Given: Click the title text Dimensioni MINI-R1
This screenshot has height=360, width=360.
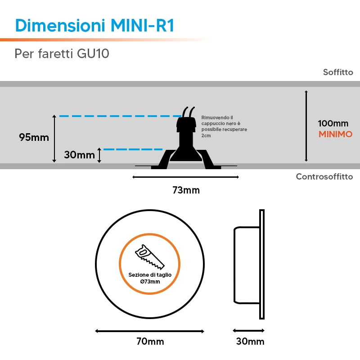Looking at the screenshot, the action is (x=94, y=25).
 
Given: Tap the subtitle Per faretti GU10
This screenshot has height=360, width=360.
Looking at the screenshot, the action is (x=62, y=54).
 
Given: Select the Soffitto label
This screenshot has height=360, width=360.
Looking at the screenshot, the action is (x=338, y=72).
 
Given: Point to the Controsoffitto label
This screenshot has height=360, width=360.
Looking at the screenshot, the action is (x=324, y=176).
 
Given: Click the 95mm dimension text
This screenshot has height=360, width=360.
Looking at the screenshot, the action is (x=34, y=137).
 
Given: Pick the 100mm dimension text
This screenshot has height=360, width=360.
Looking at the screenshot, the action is (x=333, y=123).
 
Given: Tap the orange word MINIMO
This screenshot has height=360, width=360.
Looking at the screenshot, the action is (x=335, y=134).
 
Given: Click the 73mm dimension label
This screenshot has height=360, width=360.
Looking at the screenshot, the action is (x=186, y=190).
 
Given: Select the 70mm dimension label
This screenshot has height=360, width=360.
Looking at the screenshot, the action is (x=150, y=342).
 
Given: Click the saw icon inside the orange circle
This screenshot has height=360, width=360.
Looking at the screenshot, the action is (x=150, y=256).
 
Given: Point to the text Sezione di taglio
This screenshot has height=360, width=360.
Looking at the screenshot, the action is (x=150, y=275).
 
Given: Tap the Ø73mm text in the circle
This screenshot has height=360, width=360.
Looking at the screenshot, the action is (x=150, y=282).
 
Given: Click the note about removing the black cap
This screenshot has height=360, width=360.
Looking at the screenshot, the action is (x=224, y=126).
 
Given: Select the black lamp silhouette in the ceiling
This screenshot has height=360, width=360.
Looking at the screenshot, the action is (x=186, y=142).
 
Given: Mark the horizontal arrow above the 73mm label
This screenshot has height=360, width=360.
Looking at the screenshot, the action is (x=186, y=177).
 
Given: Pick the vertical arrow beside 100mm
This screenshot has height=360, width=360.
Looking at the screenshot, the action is (x=306, y=126).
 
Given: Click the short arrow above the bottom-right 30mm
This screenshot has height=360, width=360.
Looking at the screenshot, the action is (x=249, y=331).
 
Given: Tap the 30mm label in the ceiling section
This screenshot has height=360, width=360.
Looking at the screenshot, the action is (x=79, y=155).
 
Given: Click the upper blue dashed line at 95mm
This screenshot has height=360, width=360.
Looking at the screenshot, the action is (x=120, y=116).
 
